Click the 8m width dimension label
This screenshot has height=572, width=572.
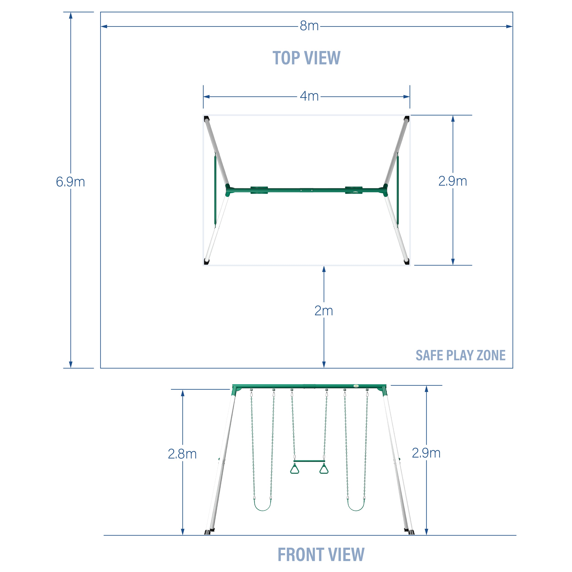[x=309, y=26]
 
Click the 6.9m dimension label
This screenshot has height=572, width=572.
[x=70, y=182]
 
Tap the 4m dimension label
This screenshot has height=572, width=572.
[x=309, y=96]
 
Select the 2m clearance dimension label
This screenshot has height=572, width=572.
[x=324, y=311]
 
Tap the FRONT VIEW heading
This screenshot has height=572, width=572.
[x=321, y=555]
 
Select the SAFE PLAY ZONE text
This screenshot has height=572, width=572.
[x=460, y=355]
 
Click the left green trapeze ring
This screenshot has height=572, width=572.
[x=294, y=469]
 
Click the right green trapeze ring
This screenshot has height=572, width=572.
[x=324, y=469]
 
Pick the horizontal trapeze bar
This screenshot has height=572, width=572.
[x=309, y=461]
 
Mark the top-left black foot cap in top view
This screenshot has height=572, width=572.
[x=206, y=119]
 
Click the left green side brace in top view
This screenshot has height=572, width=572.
[x=215, y=189]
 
